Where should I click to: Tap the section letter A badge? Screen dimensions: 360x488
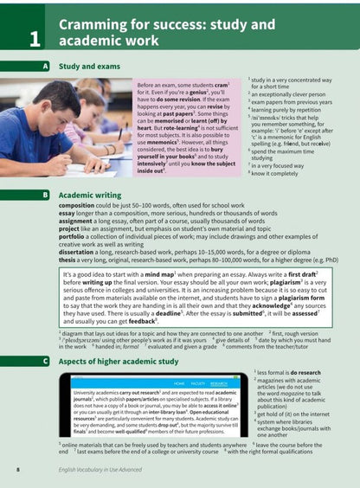(x=43, y=66)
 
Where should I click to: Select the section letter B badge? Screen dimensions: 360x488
(x=43, y=196)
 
